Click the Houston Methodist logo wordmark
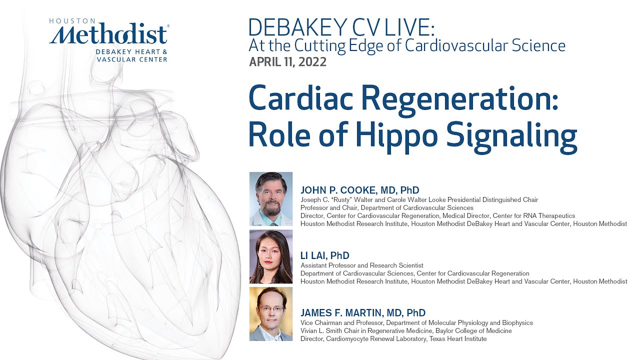(109, 35)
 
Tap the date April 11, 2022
(287, 62)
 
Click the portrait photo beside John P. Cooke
(271, 199)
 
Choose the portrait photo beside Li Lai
(271, 257)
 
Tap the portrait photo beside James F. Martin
(271, 314)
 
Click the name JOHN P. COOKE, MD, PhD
(359, 190)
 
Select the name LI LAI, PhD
(325, 256)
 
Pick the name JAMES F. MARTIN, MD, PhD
(363, 313)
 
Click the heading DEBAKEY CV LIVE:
(341, 27)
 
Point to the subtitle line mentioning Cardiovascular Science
(407, 45)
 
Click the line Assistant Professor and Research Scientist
(362, 265)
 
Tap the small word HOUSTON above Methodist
(72, 21)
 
